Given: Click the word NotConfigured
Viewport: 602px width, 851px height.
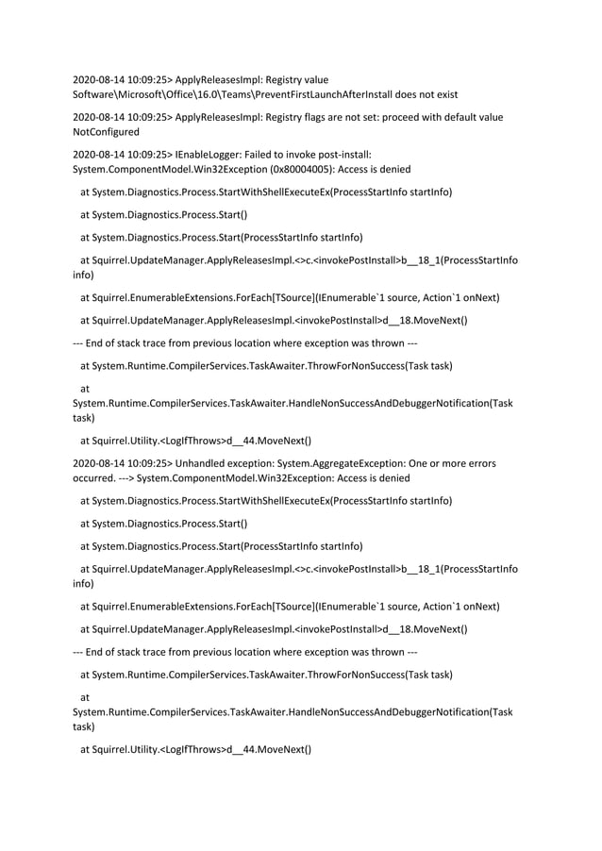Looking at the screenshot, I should [106, 132].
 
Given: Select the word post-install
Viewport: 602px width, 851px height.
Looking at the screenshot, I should [344, 154].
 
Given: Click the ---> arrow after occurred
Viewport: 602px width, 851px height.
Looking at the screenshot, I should [126, 478].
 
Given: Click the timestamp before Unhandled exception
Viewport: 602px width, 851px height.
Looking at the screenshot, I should [122, 463].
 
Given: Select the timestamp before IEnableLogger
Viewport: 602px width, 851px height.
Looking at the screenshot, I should [122, 154].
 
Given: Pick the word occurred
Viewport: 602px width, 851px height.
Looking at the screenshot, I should [93, 478].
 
